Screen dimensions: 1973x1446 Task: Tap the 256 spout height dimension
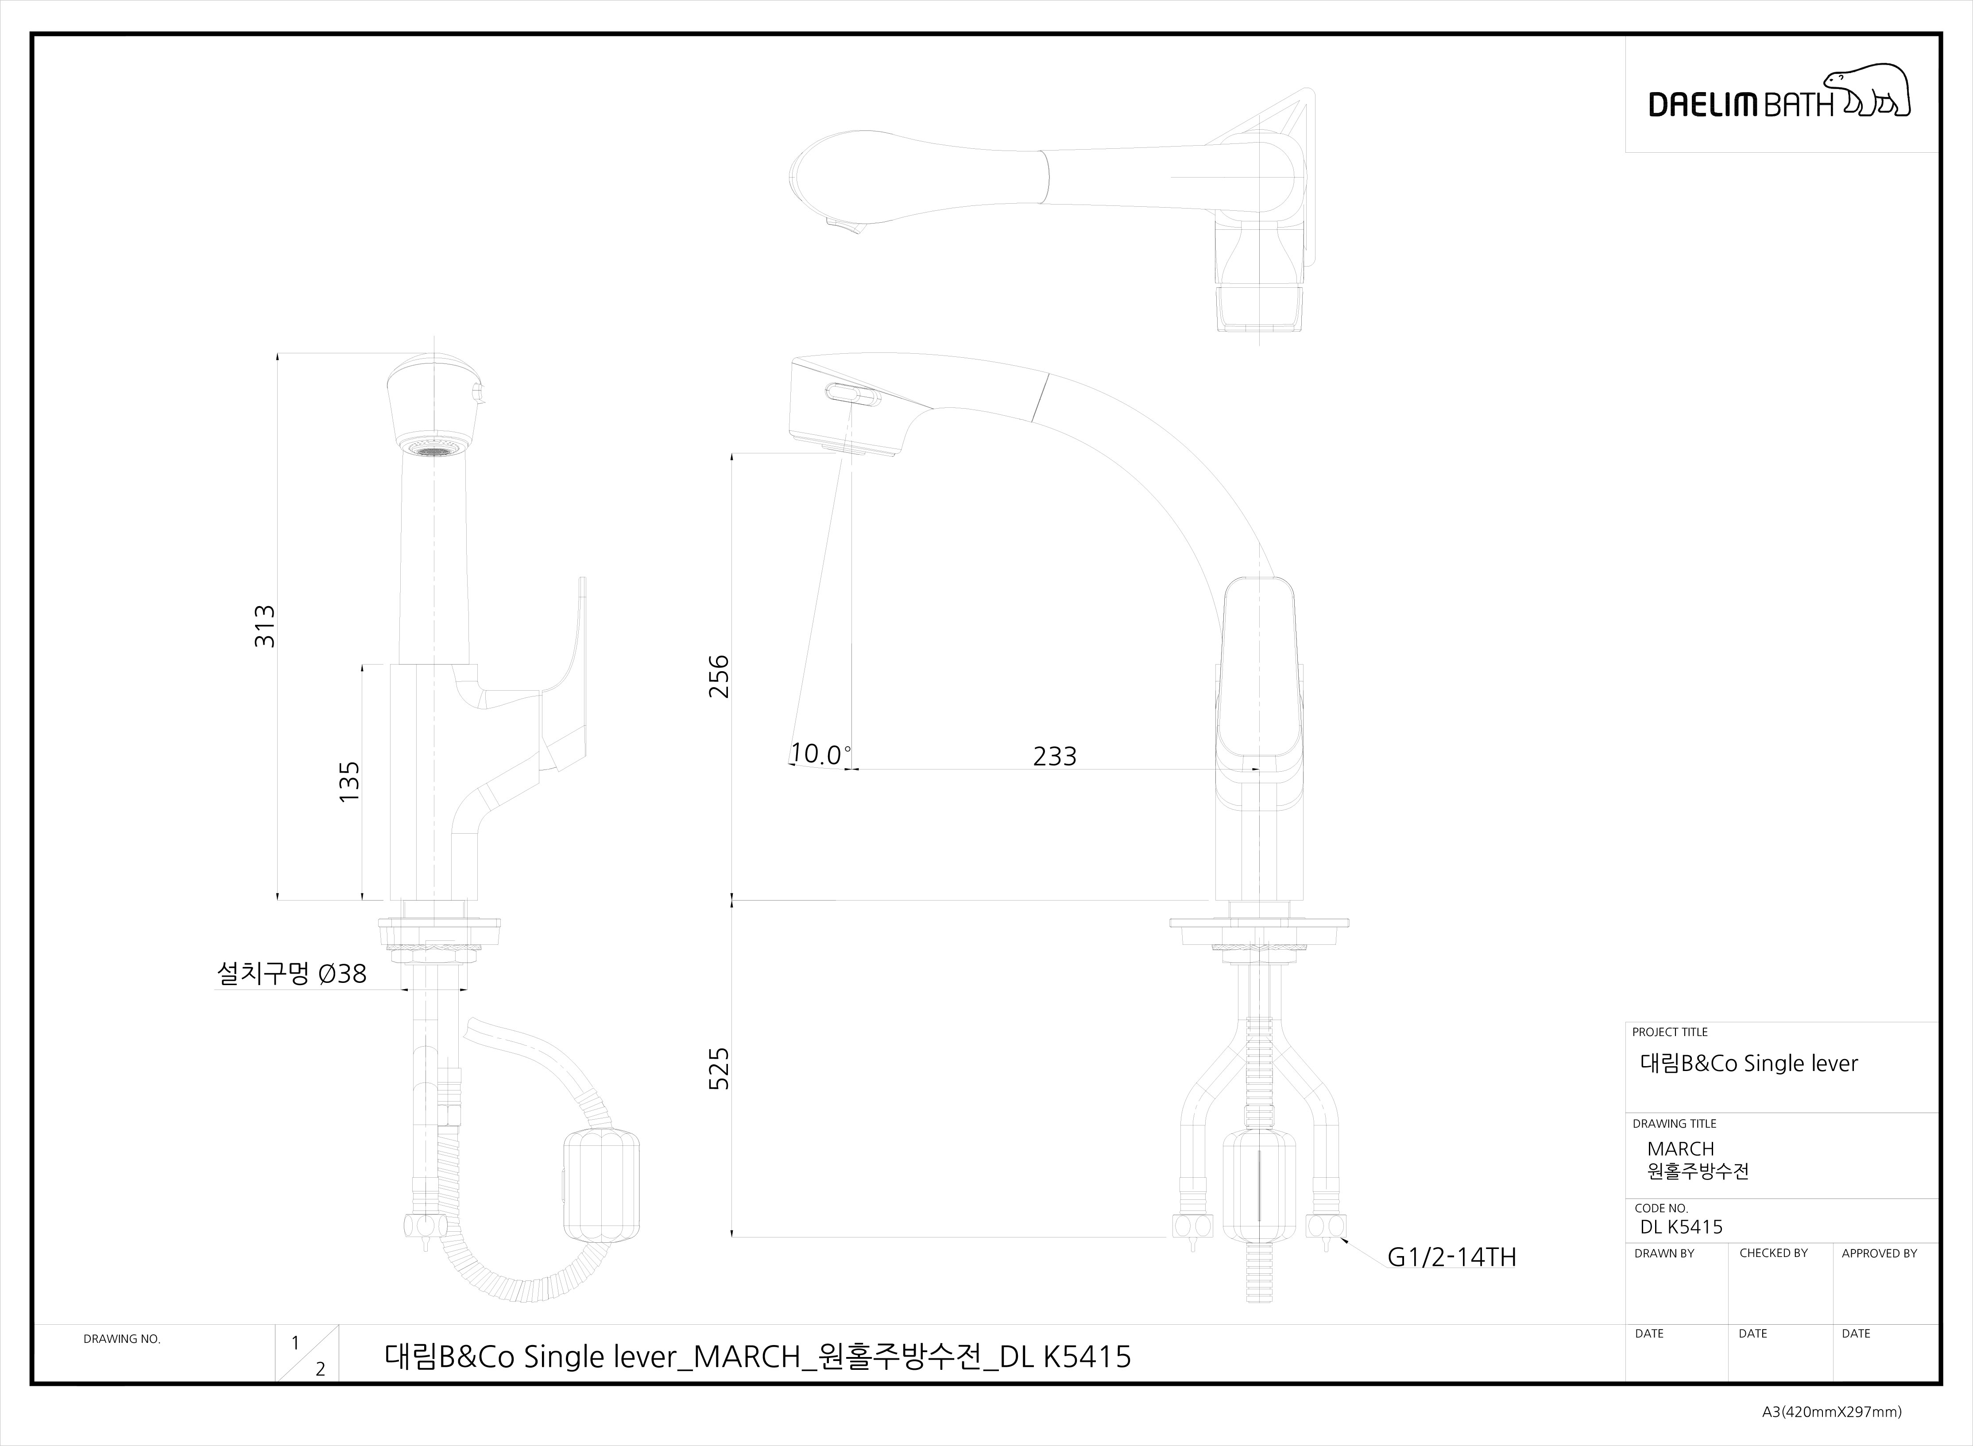click(x=718, y=676)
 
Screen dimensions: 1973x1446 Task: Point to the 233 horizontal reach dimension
click(x=1055, y=756)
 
